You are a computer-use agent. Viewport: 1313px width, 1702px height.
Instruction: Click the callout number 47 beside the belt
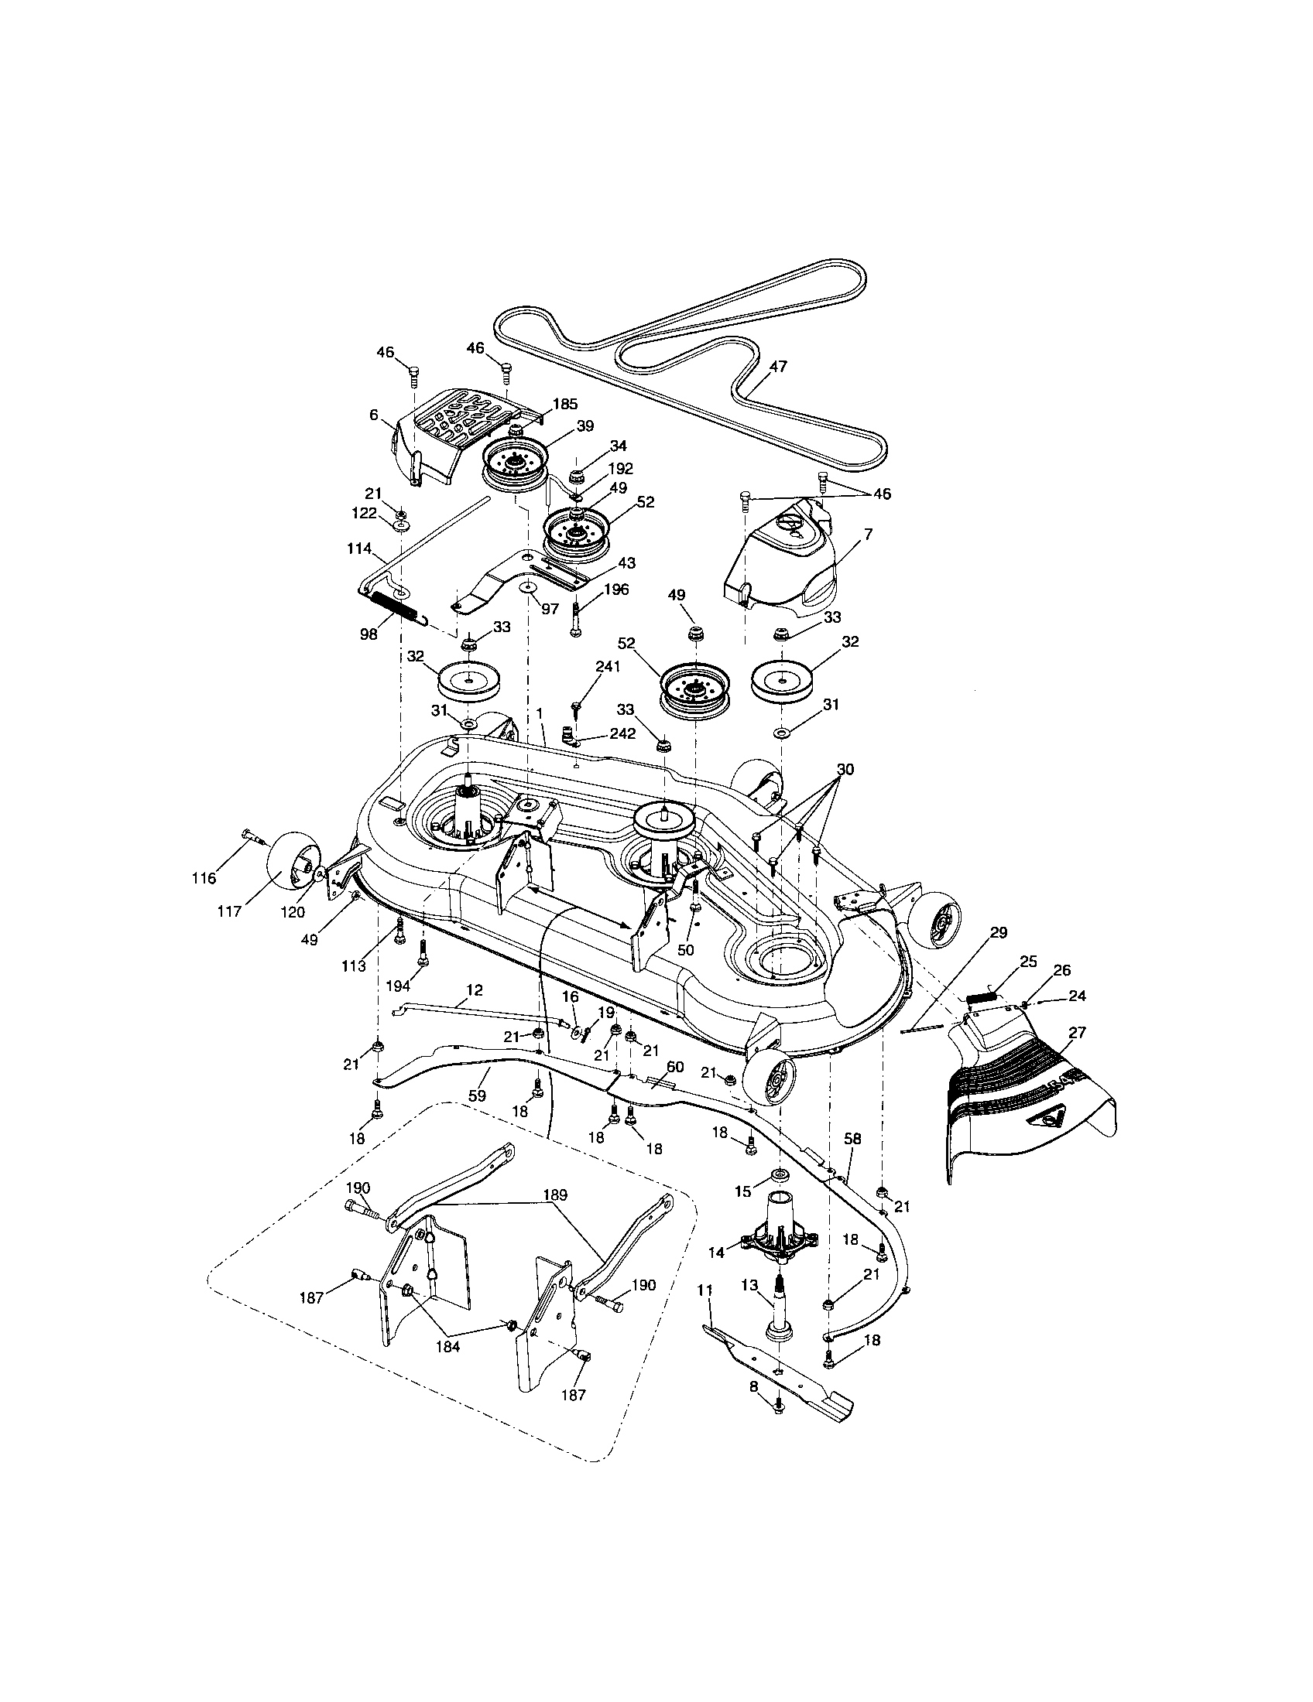point(778,366)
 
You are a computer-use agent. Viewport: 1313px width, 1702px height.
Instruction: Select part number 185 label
point(565,405)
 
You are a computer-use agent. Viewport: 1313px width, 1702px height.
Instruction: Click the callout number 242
point(623,734)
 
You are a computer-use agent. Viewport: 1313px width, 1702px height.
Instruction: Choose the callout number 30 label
point(845,770)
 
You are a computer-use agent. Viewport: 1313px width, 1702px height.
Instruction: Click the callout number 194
point(399,986)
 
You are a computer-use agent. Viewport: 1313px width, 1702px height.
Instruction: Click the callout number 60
point(675,1066)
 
